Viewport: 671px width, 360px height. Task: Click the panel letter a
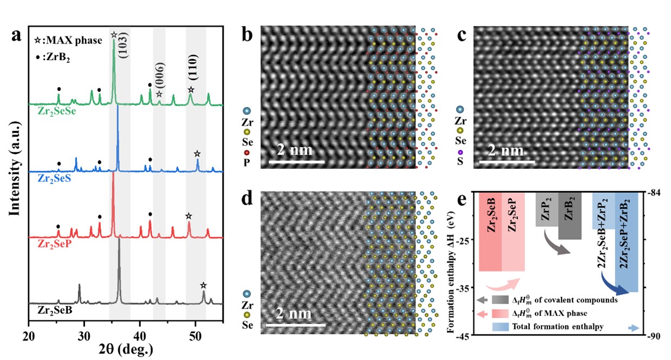pyautogui.click(x=16, y=37)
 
